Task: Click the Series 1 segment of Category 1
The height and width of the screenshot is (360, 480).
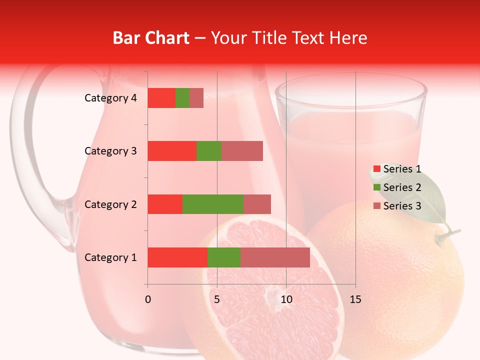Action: (x=177, y=257)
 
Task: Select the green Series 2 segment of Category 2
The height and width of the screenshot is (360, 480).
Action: (x=212, y=204)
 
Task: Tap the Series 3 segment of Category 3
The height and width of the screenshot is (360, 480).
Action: (x=242, y=151)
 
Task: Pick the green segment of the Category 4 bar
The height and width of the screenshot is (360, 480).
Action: (x=182, y=98)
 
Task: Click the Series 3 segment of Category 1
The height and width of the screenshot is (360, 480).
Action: (x=275, y=257)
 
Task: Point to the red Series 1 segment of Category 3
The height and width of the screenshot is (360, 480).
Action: (x=171, y=151)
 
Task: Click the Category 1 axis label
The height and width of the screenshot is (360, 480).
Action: (x=110, y=257)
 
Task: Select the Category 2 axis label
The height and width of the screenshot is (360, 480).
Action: (x=110, y=204)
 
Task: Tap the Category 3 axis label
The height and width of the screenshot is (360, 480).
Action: (x=110, y=151)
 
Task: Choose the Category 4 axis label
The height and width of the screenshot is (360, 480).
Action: (x=110, y=98)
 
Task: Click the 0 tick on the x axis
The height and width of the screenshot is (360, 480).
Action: (x=147, y=299)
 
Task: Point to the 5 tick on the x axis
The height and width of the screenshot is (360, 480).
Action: (x=217, y=299)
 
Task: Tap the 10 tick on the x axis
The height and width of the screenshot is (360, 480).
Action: (x=286, y=299)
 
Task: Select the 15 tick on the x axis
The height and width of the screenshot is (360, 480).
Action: (x=355, y=299)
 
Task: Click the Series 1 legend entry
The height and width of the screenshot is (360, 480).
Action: (x=397, y=169)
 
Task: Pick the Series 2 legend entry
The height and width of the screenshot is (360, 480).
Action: (x=397, y=187)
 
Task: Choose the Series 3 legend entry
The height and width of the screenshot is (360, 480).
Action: (x=397, y=206)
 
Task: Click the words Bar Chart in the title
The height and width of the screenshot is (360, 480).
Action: (x=151, y=38)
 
